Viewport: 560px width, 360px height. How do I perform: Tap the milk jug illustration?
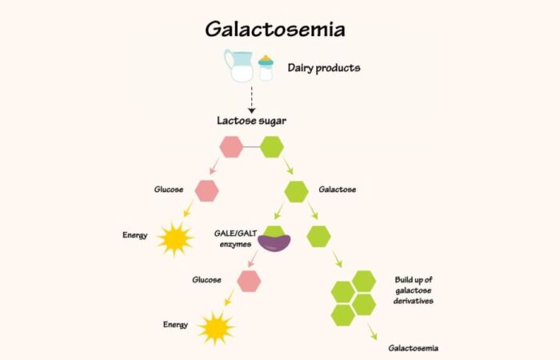(x=239, y=66)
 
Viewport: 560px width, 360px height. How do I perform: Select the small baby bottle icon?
(x=266, y=69)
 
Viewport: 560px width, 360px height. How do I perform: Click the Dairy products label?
(x=324, y=68)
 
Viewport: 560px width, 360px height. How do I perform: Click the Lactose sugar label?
(x=251, y=122)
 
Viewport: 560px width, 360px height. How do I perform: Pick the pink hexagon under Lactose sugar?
(x=231, y=147)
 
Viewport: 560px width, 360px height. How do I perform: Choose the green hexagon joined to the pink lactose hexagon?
(x=272, y=147)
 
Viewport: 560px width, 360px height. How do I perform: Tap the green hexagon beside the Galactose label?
(x=296, y=191)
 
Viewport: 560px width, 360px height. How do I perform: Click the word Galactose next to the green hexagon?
(x=337, y=190)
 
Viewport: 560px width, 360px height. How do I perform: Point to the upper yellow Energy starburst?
(x=175, y=238)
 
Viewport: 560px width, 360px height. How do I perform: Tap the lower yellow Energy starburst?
(x=216, y=327)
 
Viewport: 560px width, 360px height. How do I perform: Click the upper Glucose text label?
(x=169, y=190)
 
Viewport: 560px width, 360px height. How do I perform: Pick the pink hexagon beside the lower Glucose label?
(x=249, y=280)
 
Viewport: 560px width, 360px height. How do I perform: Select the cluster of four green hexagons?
(x=354, y=298)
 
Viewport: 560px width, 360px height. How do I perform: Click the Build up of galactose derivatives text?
(x=414, y=291)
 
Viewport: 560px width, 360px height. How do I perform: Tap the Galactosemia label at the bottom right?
(x=413, y=348)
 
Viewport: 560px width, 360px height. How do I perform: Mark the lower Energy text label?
(x=175, y=325)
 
